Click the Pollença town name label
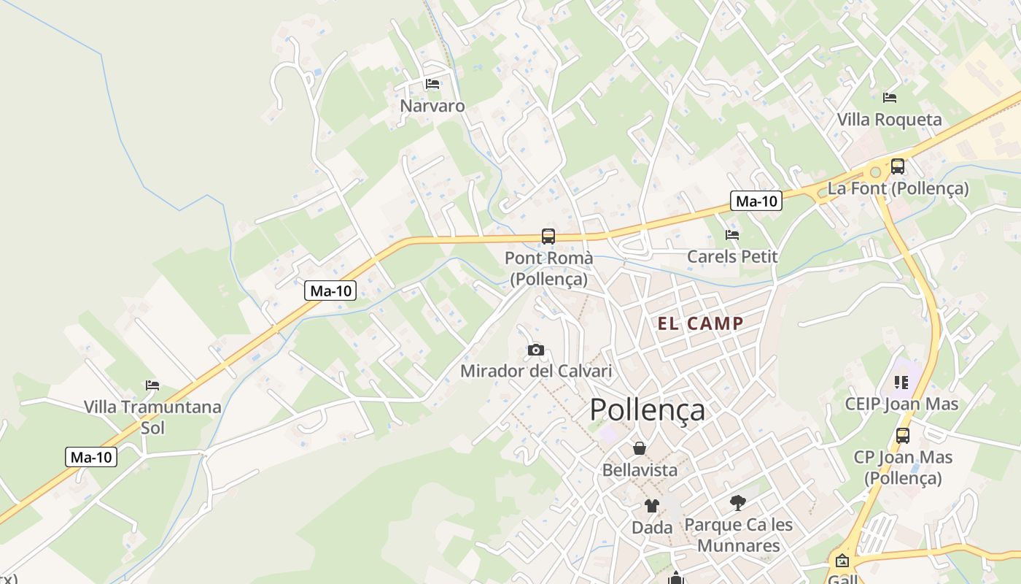[647, 410]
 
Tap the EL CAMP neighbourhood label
[701, 324]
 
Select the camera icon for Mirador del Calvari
[536, 350]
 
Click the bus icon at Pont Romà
[548, 237]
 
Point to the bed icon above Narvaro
[432, 84]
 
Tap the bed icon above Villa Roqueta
[889, 98]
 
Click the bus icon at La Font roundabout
[897, 166]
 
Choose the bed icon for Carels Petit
[732, 235]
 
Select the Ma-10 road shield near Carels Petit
[756, 201]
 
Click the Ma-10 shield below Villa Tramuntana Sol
[92, 458]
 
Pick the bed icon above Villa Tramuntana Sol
[152, 385]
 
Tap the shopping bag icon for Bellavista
[640, 448]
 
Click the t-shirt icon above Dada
[651, 505]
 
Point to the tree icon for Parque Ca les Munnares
[738, 502]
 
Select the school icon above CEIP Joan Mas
[901, 383]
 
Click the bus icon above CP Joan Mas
[903, 436]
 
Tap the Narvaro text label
[432, 106]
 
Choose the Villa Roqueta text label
[889, 120]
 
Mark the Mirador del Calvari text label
[536, 371]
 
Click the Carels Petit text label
[732, 257]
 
